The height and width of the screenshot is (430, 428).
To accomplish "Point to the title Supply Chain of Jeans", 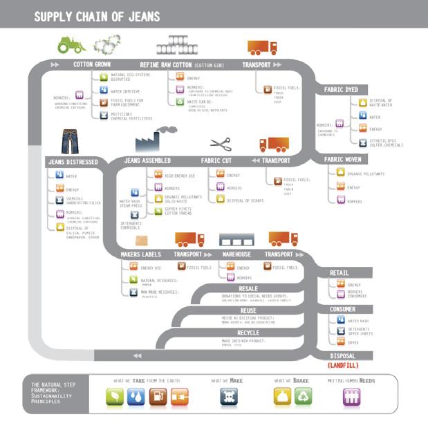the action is pyautogui.click(x=97, y=16).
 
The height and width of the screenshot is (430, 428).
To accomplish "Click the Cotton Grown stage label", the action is pyautogui.click(x=92, y=64).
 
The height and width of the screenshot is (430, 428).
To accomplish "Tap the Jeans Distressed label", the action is pyautogui.click(x=73, y=162).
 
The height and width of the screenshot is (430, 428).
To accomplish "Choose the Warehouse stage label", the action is pyautogui.click(x=236, y=254).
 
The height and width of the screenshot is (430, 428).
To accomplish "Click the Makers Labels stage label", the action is pyautogui.click(x=140, y=254).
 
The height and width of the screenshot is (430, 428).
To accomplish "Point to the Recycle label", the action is pyautogui.click(x=248, y=333).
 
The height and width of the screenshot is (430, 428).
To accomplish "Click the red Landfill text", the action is pyautogui.click(x=342, y=364).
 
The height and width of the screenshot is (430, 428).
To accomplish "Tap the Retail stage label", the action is pyautogui.click(x=339, y=273).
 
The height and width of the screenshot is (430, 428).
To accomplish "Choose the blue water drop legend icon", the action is pyautogui.click(x=136, y=396).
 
